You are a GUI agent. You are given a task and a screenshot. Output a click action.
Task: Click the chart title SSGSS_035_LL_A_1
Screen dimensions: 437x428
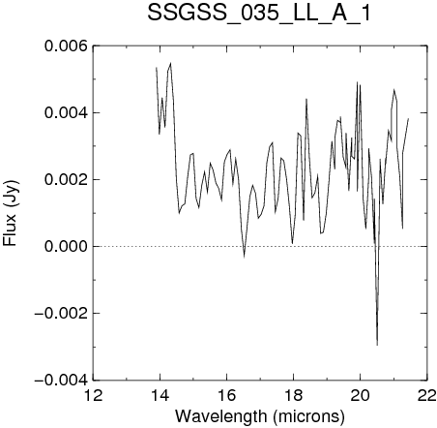259,14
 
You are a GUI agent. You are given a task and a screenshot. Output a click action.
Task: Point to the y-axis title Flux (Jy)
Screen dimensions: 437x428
11,213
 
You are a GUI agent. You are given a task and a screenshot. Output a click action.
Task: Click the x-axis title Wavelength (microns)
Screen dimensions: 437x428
260,416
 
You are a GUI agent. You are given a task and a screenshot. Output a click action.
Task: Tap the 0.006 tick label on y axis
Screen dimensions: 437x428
66,46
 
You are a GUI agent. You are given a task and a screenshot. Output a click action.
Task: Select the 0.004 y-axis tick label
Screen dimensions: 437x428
66,112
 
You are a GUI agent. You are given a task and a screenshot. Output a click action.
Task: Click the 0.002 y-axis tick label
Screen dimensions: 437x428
66,179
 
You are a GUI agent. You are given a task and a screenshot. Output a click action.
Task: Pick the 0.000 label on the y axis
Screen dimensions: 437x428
66,246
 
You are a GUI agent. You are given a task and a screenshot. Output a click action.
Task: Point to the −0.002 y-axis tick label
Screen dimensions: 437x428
61,313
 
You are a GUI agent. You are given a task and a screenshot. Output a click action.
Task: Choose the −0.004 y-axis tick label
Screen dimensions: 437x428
61,380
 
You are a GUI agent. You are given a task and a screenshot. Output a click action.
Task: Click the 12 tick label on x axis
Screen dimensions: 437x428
93,395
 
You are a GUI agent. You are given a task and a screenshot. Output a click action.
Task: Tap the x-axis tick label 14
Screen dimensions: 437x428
160,395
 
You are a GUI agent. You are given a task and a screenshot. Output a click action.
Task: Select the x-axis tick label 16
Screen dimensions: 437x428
226,395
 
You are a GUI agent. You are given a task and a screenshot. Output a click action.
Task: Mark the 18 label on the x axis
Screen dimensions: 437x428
293,395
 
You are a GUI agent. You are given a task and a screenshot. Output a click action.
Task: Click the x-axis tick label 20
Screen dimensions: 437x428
360,395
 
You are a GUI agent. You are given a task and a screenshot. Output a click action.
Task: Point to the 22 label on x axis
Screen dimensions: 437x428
426,395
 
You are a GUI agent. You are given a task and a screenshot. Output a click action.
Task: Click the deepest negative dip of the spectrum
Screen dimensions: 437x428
377,345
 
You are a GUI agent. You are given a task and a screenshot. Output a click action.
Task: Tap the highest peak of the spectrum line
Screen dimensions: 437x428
170,63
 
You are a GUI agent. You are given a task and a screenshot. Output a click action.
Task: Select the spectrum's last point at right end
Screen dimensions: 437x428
408,119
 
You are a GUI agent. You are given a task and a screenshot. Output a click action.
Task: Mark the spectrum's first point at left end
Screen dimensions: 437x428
157,68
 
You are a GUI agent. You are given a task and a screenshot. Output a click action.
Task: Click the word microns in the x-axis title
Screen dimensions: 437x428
309,416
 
